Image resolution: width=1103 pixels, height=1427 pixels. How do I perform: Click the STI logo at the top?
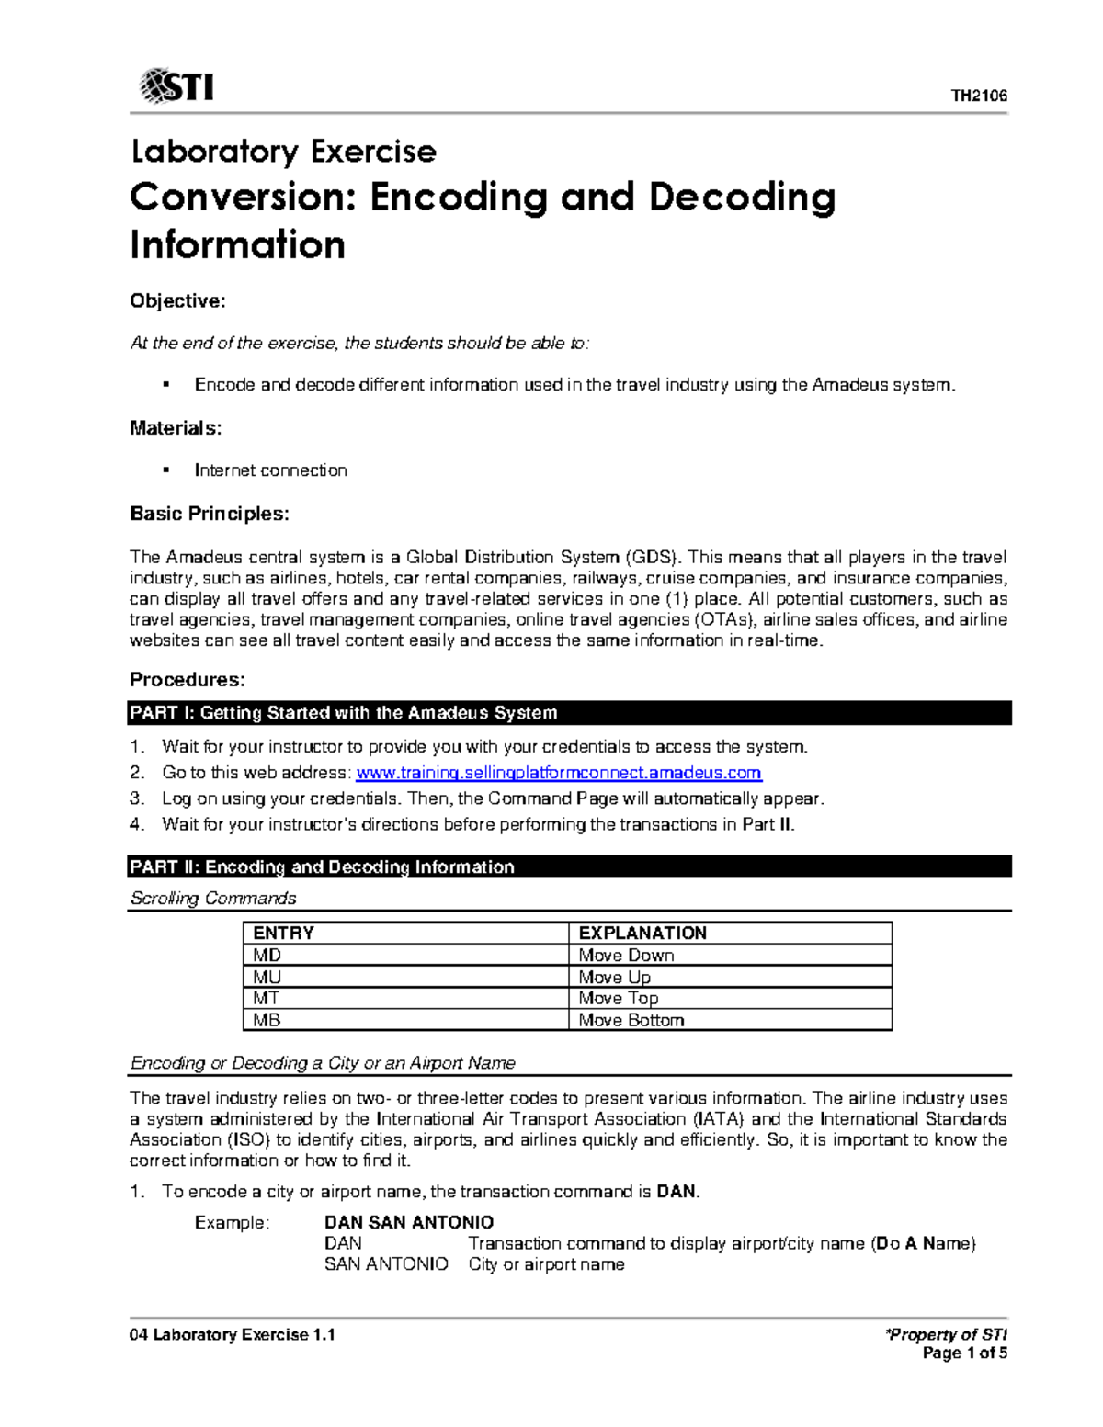pos(176,86)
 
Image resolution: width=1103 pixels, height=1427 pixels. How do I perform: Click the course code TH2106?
pos(978,96)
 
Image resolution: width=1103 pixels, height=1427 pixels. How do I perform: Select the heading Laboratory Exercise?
pos(283,151)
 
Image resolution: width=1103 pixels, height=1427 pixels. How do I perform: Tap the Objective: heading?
pos(177,301)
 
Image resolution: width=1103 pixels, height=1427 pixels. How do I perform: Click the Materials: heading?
pos(176,427)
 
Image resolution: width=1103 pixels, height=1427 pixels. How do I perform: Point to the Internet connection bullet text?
pos(270,470)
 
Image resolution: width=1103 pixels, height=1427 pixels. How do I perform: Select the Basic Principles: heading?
pos(210,514)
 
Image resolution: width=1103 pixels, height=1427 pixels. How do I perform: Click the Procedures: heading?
pos(188,680)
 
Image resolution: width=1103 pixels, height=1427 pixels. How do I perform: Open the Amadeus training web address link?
pos(558,773)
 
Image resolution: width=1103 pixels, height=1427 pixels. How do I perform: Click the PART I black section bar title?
pos(344,713)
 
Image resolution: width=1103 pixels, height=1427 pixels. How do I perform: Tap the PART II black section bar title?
pos(322,866)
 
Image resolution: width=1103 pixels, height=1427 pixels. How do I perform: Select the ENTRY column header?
pos(283,933)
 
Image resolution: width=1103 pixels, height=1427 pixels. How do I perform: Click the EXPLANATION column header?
pos(642,933)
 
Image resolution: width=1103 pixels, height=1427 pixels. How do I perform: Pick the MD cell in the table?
pos(267,955)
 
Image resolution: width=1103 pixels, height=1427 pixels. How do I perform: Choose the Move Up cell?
pos(614,977)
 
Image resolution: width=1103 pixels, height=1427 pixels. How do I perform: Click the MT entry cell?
pos(267,998)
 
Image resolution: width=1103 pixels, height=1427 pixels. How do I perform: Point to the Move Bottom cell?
pos(631,1020)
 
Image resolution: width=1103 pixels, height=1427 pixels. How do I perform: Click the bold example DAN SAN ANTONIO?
pos(409,1222)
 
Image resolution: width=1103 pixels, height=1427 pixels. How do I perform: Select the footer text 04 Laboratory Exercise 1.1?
pos(233,1334)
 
